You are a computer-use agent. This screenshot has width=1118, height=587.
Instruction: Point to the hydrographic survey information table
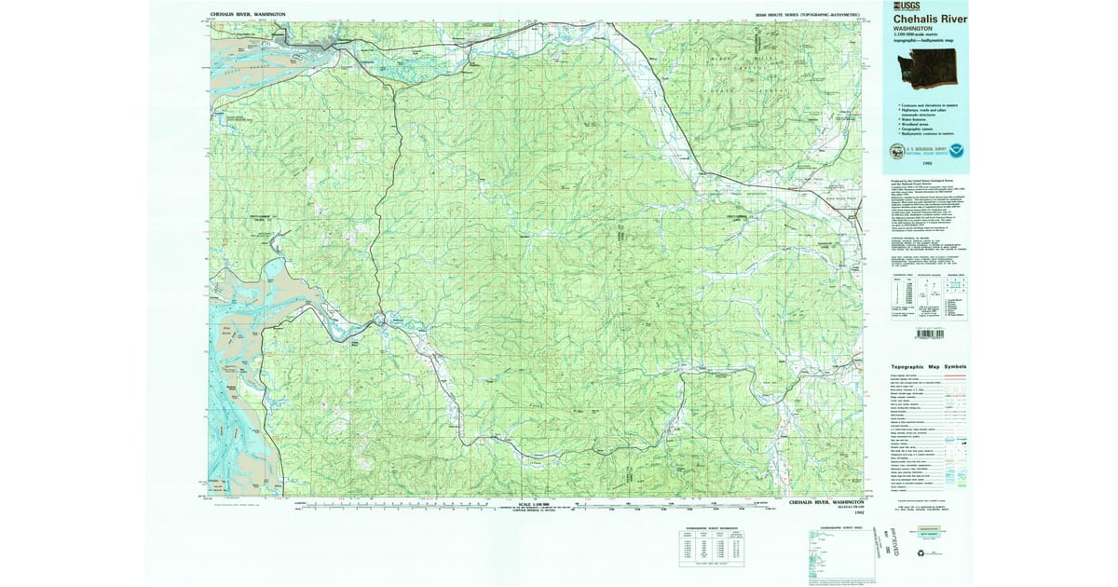(x=707, y=549)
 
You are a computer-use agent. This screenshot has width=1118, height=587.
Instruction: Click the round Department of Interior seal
(x=896, y=151)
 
